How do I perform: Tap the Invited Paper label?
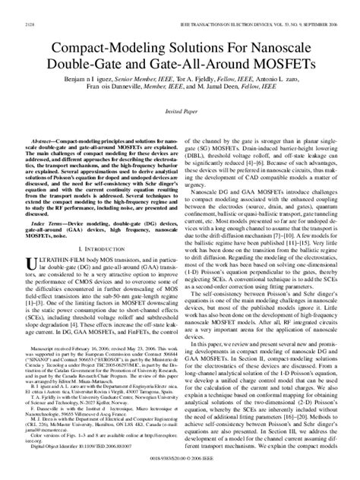point(179,111)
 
